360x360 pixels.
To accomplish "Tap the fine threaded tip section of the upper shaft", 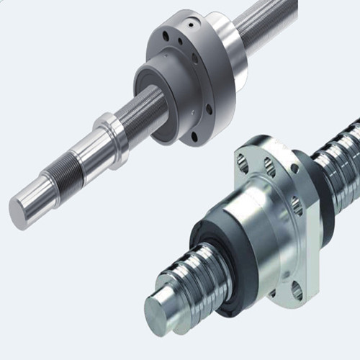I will (x=60, y=176).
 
